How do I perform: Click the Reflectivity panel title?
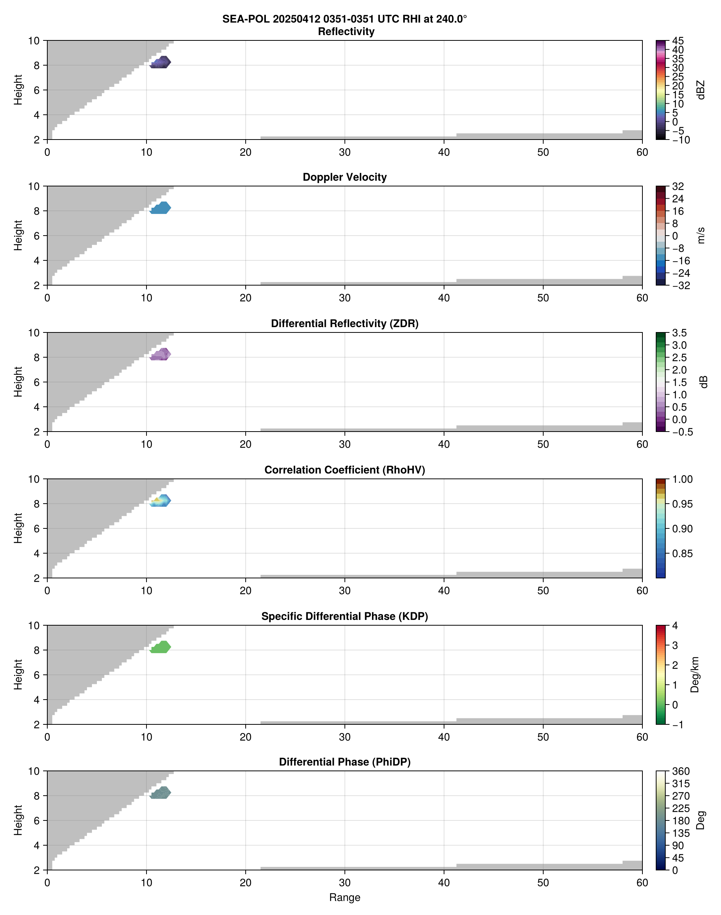346,32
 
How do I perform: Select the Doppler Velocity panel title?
344,177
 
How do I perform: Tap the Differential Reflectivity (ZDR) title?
344,324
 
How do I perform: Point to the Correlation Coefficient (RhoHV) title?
344,470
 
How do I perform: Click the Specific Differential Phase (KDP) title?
344,616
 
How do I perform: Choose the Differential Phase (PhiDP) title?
344,762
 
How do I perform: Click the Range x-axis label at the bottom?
344,897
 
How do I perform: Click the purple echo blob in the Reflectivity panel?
160,63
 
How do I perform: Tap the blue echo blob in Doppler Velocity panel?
160,208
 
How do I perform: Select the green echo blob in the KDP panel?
160,647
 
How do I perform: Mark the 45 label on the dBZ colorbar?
678,41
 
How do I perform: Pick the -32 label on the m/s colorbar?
681,286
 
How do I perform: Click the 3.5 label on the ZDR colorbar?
679,333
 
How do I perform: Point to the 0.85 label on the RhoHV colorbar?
682,554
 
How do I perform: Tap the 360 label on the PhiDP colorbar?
681,772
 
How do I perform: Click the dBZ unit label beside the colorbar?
701,90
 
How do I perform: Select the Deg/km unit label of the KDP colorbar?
694,675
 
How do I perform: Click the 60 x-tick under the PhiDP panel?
642,883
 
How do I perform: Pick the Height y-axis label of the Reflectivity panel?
18,90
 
